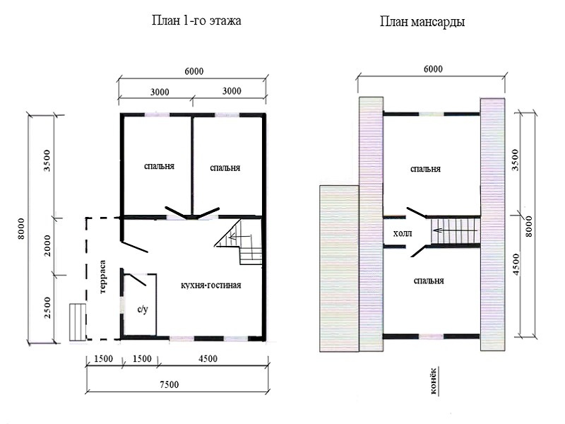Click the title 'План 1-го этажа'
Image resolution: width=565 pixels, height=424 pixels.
(196, 20)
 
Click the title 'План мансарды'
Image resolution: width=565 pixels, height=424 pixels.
(422, 22)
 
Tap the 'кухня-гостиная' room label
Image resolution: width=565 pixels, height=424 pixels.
(210, 285)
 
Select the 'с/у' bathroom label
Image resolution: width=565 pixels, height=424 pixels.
(143, 310)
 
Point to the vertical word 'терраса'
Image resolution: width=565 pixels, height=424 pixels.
(102, 276)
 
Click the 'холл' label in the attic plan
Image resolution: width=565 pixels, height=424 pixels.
(403, 233)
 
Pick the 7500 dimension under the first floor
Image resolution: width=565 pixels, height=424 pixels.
(169, 384)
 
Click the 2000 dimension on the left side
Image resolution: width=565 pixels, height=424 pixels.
(47, 245)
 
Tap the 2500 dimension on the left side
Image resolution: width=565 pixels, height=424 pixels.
(47, 307)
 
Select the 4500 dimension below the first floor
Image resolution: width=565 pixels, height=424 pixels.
(208, 358)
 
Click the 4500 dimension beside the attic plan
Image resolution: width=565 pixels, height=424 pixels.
(516, 264)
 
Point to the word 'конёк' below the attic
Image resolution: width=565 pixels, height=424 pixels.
(434, 381)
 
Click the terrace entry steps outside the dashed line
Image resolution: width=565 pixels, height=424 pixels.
(78, 322)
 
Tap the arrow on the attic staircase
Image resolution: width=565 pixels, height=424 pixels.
(456, 230)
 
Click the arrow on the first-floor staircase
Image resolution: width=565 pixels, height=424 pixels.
(239, 237)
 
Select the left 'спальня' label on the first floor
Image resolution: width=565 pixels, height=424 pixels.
(159, 166)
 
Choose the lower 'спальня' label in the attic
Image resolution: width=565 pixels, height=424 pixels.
(429, 281)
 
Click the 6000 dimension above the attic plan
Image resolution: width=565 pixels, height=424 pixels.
(433, 69)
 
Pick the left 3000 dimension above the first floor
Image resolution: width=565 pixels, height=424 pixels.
(160, 92)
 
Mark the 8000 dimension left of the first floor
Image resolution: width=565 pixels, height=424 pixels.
(21, 228)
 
